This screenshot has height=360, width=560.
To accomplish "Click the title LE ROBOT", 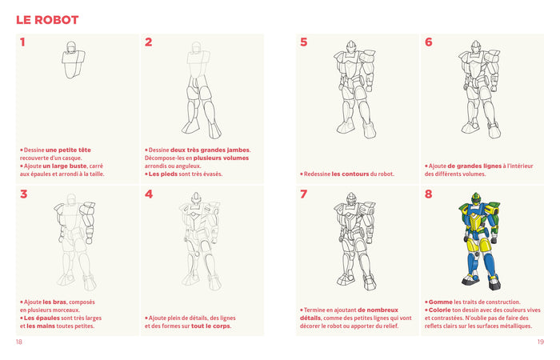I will tap(47, 19).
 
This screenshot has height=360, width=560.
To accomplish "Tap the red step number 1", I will tap(22, 42).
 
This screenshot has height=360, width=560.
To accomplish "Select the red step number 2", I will tap(149, 42).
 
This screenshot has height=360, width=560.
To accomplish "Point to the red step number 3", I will tap(23, 194).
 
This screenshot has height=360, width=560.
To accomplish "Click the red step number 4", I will tap(149, 194).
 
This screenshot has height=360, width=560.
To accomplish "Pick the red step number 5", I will tap(303, 42).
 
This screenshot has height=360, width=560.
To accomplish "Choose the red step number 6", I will tap(429, 42).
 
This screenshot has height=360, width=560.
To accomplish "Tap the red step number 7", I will tap(303, 194).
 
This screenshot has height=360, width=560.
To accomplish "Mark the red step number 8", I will tap(429, 194).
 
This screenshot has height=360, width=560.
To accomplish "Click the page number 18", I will tap(19, 342).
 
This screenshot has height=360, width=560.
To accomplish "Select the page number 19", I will tap(540, 342).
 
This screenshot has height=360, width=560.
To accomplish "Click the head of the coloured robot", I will tap(478, 199).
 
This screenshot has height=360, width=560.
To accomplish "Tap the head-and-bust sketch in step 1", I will tap(74, 60).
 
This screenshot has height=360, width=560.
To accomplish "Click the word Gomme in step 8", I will tap(441, 302).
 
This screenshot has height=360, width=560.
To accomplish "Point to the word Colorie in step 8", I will tap(442, 310).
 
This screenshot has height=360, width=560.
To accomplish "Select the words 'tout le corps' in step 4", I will tap(212, 326).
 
